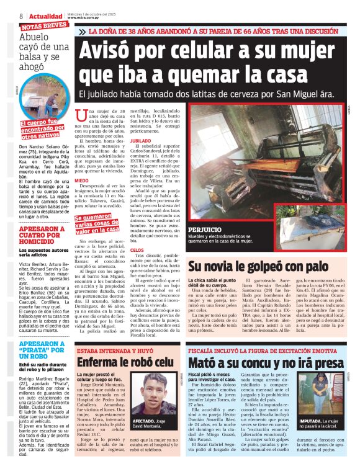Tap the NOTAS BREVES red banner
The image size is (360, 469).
coord(44,26)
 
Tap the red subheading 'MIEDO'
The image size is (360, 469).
coord(81,181)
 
